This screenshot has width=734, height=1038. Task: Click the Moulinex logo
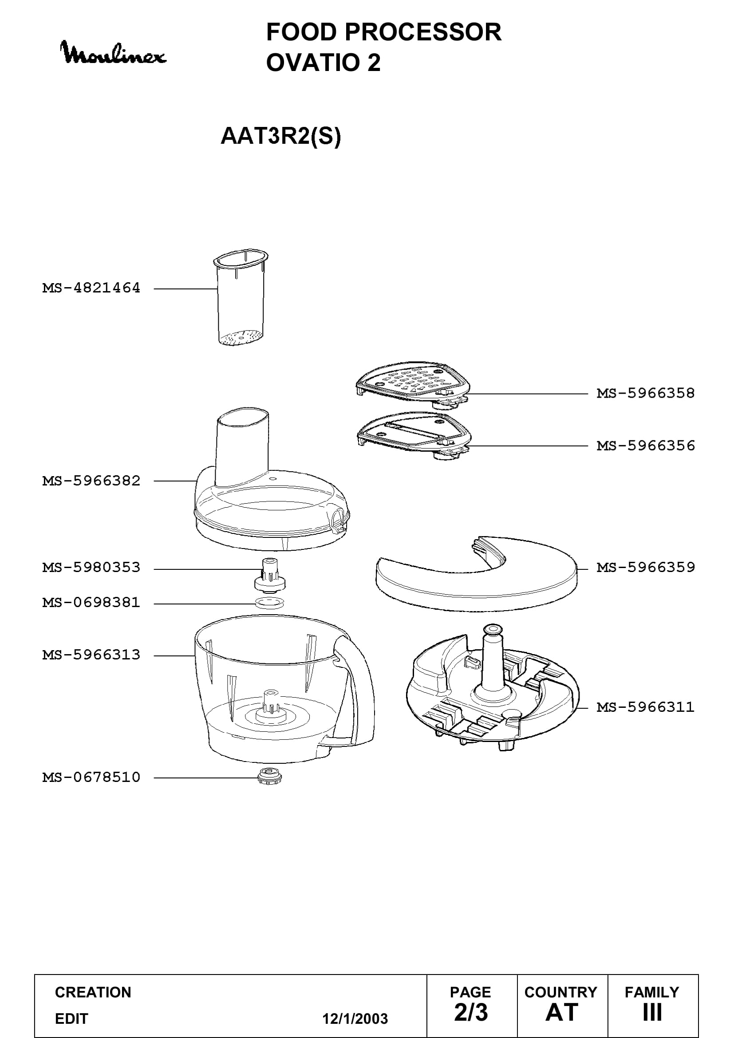click(x=113, y=53)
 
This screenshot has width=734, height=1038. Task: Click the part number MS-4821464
click(x=91, y=288)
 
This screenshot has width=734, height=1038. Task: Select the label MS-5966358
click(x=645, y=393)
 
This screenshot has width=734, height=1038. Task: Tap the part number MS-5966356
click(x=645, y=446)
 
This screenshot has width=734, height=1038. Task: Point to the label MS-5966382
click(x=91, y=481)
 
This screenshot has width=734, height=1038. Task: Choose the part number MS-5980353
click(x=91, y=568)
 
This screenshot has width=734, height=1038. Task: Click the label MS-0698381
click(x=91, y=603)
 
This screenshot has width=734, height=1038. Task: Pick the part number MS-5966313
click(x=91, y=655)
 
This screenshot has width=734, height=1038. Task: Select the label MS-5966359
click(x=645, y=568)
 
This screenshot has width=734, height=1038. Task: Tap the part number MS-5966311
click(x=645, y=707)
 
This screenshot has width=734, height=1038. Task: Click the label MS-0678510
click(x=91, y=778)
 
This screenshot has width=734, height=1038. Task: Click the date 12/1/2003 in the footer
click(x=355, y=1018)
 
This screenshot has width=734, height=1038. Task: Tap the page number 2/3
click(x=471, y=1012)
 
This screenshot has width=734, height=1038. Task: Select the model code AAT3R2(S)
click(x=280, y=136)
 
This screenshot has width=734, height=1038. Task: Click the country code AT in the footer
click(x=562, y=1012)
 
